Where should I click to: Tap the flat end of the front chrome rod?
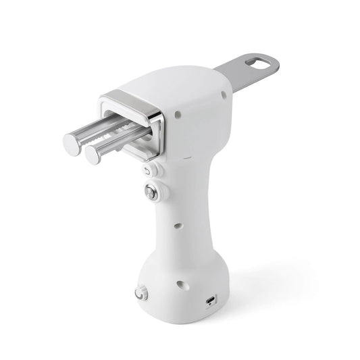tap(73, 142)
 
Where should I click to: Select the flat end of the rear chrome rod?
tap(93, 154)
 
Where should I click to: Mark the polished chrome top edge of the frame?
tap(128, 95)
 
